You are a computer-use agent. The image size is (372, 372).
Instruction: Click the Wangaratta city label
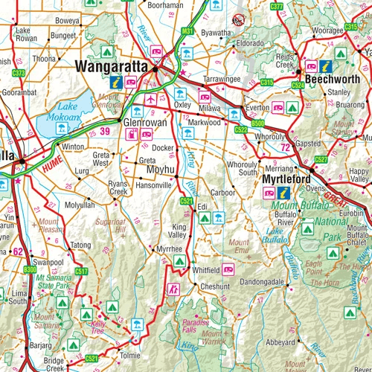click(x=112, y=67)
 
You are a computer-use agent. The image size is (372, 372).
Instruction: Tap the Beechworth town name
click(x=329, y=76)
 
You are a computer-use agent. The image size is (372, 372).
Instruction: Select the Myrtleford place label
click(x=285, y=179)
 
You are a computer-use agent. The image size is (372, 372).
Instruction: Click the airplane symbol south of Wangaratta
click(x=153, y=99)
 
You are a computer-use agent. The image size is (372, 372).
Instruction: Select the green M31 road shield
click(x=187, y=31)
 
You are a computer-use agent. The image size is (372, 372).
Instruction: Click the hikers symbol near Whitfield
click(x=176, y=288)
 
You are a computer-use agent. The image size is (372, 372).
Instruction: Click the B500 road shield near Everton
click(x=258, y=122)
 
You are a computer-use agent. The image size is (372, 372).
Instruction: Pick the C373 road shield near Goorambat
click(x=19, y=73)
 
